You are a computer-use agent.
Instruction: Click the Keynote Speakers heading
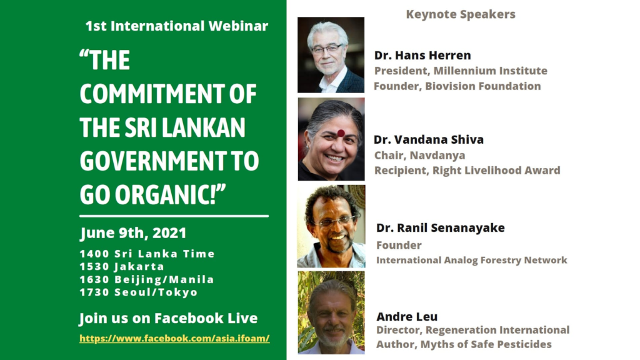coord(461,14)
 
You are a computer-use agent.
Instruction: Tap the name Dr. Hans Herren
coord(422,55)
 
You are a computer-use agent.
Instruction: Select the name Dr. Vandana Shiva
coord(429,139)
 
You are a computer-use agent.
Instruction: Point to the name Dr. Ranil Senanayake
coord(441,227)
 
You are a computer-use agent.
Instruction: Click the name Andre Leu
coord(407,316)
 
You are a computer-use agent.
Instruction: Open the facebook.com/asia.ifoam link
coord(174,338)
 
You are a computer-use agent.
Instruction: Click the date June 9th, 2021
coord(133,233)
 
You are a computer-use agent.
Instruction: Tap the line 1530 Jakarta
coord(122,266)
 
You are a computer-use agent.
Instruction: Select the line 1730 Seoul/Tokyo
coord(139,292)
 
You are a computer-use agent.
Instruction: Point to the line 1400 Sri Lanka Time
coord(147,254)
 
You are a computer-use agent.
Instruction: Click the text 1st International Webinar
coord(177,26)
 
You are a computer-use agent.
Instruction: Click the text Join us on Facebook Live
coord(168,318)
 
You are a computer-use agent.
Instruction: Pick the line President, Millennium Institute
coord(461,71)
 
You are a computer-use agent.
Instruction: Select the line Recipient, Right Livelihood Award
coord(467,171)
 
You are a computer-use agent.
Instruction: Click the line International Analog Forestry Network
coord(471,261)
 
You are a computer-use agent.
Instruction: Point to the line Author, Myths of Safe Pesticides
coord(464,344)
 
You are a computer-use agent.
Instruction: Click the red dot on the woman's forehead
coord(341,133)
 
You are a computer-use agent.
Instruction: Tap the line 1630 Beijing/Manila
coord(147,279)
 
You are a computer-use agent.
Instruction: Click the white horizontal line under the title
coord(174,216)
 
